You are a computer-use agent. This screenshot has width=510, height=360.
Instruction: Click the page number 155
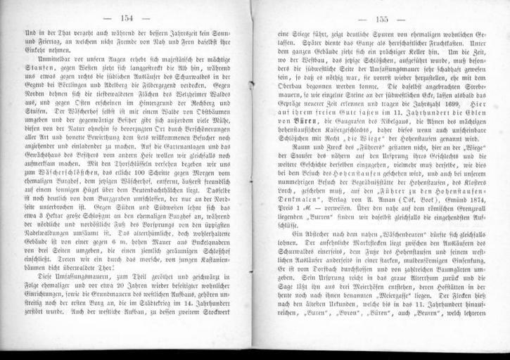(x=385, y=20)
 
